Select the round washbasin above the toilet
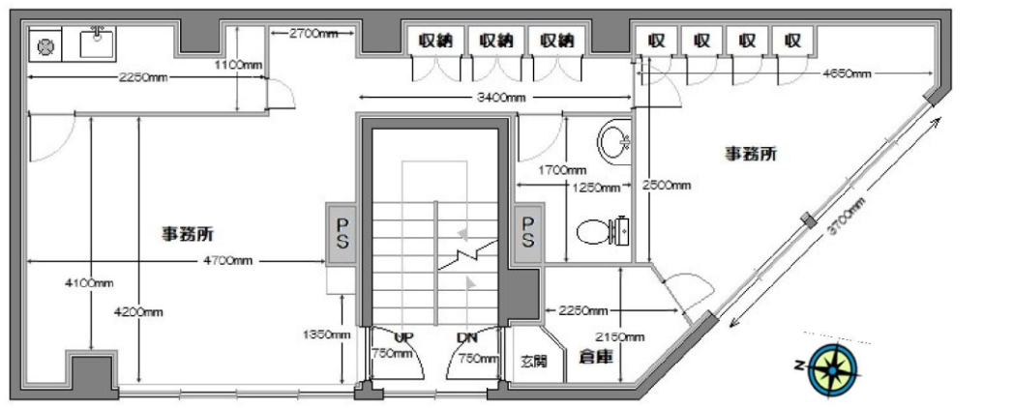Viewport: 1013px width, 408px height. (614, 145)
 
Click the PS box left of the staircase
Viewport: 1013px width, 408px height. (343, 232)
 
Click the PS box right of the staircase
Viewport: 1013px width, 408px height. (528, 232)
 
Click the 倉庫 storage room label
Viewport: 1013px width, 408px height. (591, 356)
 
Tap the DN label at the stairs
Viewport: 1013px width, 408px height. (467, 337)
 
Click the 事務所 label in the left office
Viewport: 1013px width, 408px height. (188, 233)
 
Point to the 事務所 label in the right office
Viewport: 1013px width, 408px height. (753, 153)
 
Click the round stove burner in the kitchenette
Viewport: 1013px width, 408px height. (45, 45)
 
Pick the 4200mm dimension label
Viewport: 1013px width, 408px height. (139, 311)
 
